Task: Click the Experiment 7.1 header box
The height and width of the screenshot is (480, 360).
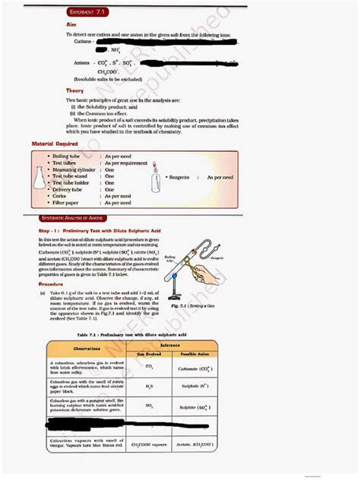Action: tap(91, 13)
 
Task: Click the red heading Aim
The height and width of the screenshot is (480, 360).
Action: tap(71, 24)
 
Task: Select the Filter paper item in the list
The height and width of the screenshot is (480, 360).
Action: tap(68, 203)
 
